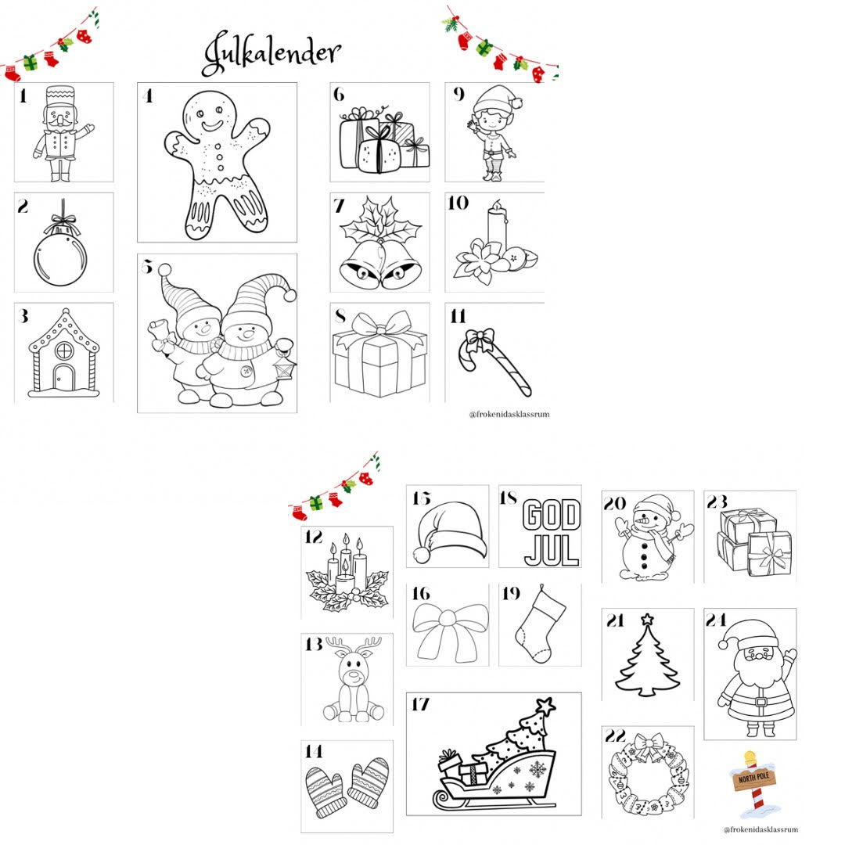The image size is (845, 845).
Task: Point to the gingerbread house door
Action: pos(63,379)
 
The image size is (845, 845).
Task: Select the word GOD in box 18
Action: pos(552,516)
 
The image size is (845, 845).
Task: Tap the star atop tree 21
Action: pos(647,621)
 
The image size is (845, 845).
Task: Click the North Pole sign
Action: pos(753,779)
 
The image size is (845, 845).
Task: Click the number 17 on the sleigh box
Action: pos(420,705)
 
